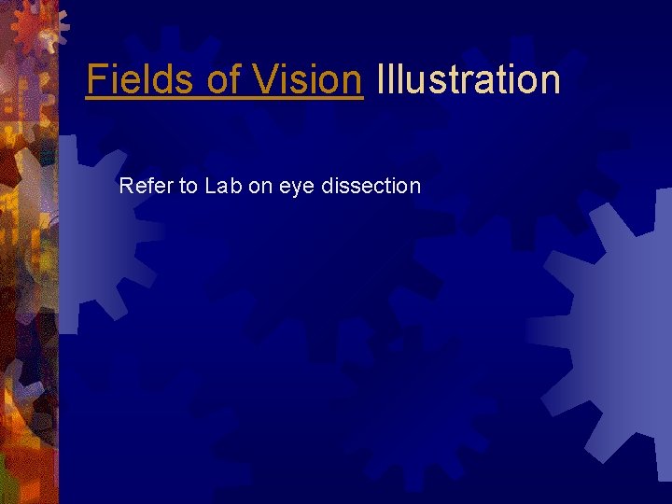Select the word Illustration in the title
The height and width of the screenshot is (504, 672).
tap(468, 79)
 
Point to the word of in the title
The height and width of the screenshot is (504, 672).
tap(224, 79)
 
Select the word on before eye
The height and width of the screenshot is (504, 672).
tap(260, 187)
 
